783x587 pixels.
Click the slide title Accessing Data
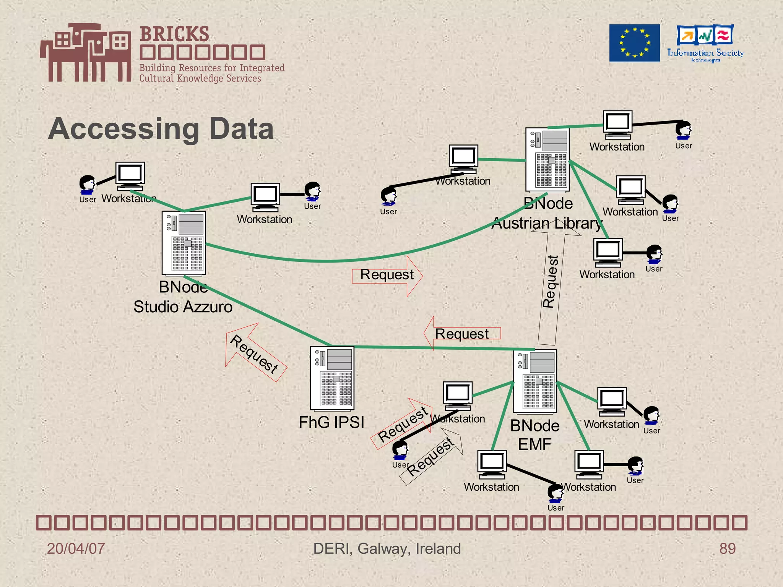[x=161, y=129]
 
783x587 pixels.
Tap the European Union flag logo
[x=634, y=43]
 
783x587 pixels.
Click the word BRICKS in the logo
[x=174, y=34]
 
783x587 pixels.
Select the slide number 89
[x=727, y=548]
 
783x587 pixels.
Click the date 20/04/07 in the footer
[x=76, y=548]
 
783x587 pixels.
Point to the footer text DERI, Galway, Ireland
[x=387, y=548]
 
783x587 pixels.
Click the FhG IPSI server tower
[x=332, y=378]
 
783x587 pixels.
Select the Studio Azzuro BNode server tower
[x=184, y=243]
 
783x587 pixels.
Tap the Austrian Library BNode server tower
[x=547, y=159]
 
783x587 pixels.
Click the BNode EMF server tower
[x=534, y=381]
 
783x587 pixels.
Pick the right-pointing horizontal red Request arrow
[x=387, y=275]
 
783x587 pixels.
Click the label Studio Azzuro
[x=183, y=307]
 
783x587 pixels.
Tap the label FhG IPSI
[x=331, y=422]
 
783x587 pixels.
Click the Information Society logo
[x=705, y=43]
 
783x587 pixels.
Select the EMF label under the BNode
[x=534, y=444]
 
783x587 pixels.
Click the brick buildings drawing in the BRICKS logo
[x=86, y=52]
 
